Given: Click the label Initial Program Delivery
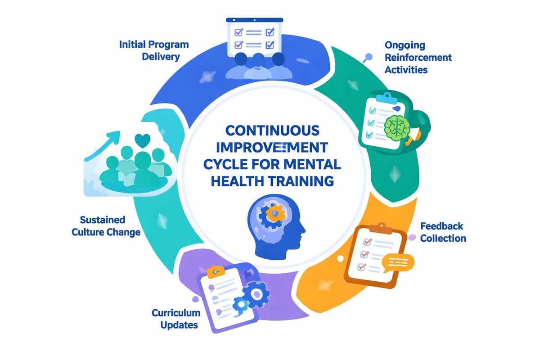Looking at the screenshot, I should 154,50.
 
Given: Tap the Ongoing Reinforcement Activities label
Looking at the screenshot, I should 418,58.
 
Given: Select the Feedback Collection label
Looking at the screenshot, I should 443,232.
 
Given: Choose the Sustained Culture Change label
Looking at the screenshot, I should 106,226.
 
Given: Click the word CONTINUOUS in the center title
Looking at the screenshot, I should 272,131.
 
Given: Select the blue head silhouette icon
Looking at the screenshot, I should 270,227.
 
